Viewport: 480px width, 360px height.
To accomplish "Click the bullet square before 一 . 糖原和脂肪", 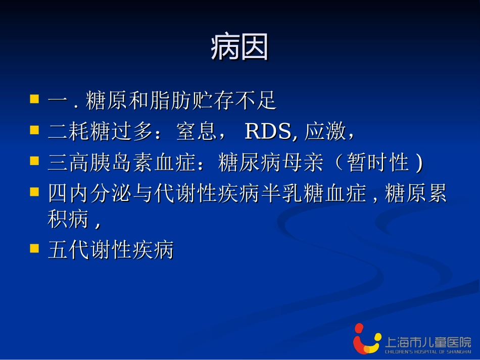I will [34, 98].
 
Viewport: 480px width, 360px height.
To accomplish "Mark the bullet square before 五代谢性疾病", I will [34, 248].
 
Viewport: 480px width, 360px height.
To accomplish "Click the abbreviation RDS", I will [268, 132].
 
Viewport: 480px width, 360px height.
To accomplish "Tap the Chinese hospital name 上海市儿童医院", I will [427, 341].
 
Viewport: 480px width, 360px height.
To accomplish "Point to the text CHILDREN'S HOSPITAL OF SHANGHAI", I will [427, 351].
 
